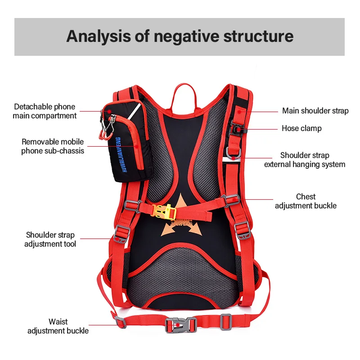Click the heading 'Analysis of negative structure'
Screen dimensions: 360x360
point(180,36)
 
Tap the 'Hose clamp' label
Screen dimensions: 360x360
point(301,128)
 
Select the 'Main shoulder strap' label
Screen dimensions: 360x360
point(315,111)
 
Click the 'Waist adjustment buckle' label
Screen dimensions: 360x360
point(58,326)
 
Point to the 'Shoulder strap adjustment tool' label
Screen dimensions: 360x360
point(50,239)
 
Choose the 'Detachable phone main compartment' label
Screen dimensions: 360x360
point(45,111)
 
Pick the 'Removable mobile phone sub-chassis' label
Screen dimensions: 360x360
point(53,146)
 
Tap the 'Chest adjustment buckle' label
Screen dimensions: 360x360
point(306,201)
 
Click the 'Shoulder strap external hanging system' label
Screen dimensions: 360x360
point(305,160)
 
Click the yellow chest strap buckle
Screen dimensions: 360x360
point(164,211)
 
